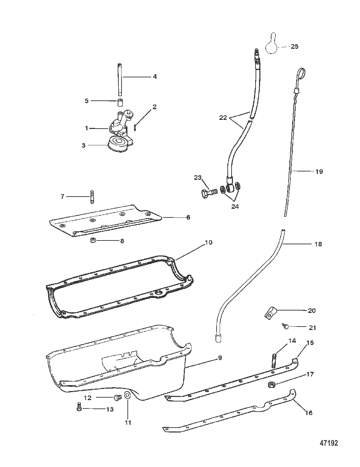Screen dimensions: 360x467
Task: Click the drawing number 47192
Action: pyautogui.click(x=329, y=443)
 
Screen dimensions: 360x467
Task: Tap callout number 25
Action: pyautogui.click(x=295, y=46)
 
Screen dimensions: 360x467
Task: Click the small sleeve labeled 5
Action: pyautogui.click(x=120, y=102)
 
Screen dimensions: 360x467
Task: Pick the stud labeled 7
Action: pyautogui.click(x=92, y=197)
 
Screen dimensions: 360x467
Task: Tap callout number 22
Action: pyautogui.click(x=223, y=117)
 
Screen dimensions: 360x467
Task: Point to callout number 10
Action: pyautogui.click(x=209, y=242)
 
